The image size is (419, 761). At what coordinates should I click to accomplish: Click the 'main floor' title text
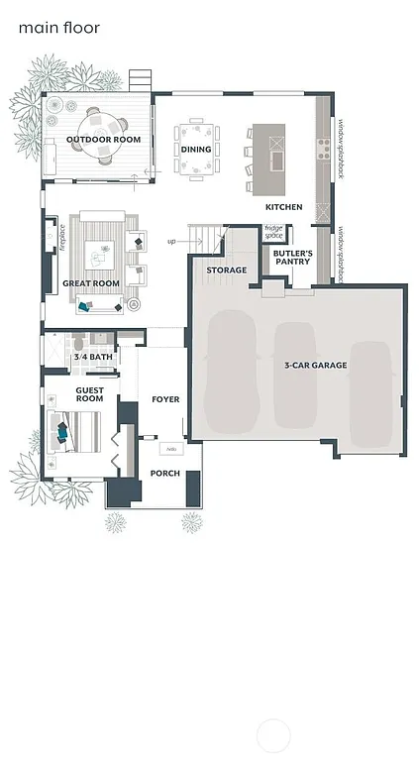point(59,28)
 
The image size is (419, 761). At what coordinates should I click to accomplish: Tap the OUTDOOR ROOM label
point(103,140)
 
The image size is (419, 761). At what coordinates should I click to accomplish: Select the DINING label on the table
point(195,150)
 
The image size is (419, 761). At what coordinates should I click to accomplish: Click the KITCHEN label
point(283,207)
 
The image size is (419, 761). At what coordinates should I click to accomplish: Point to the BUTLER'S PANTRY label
point(292,258)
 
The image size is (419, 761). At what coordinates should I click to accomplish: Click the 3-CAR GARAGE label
point(315,366)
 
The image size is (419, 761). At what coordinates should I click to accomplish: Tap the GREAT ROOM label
point(91,283)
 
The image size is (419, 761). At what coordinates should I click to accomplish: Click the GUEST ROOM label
point(90,394)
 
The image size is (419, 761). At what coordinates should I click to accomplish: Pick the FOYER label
point(165,399)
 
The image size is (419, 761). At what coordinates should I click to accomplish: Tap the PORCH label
point(164,474)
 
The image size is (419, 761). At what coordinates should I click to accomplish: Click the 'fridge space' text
point(274,232)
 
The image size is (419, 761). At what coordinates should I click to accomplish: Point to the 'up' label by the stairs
point(171,241)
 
